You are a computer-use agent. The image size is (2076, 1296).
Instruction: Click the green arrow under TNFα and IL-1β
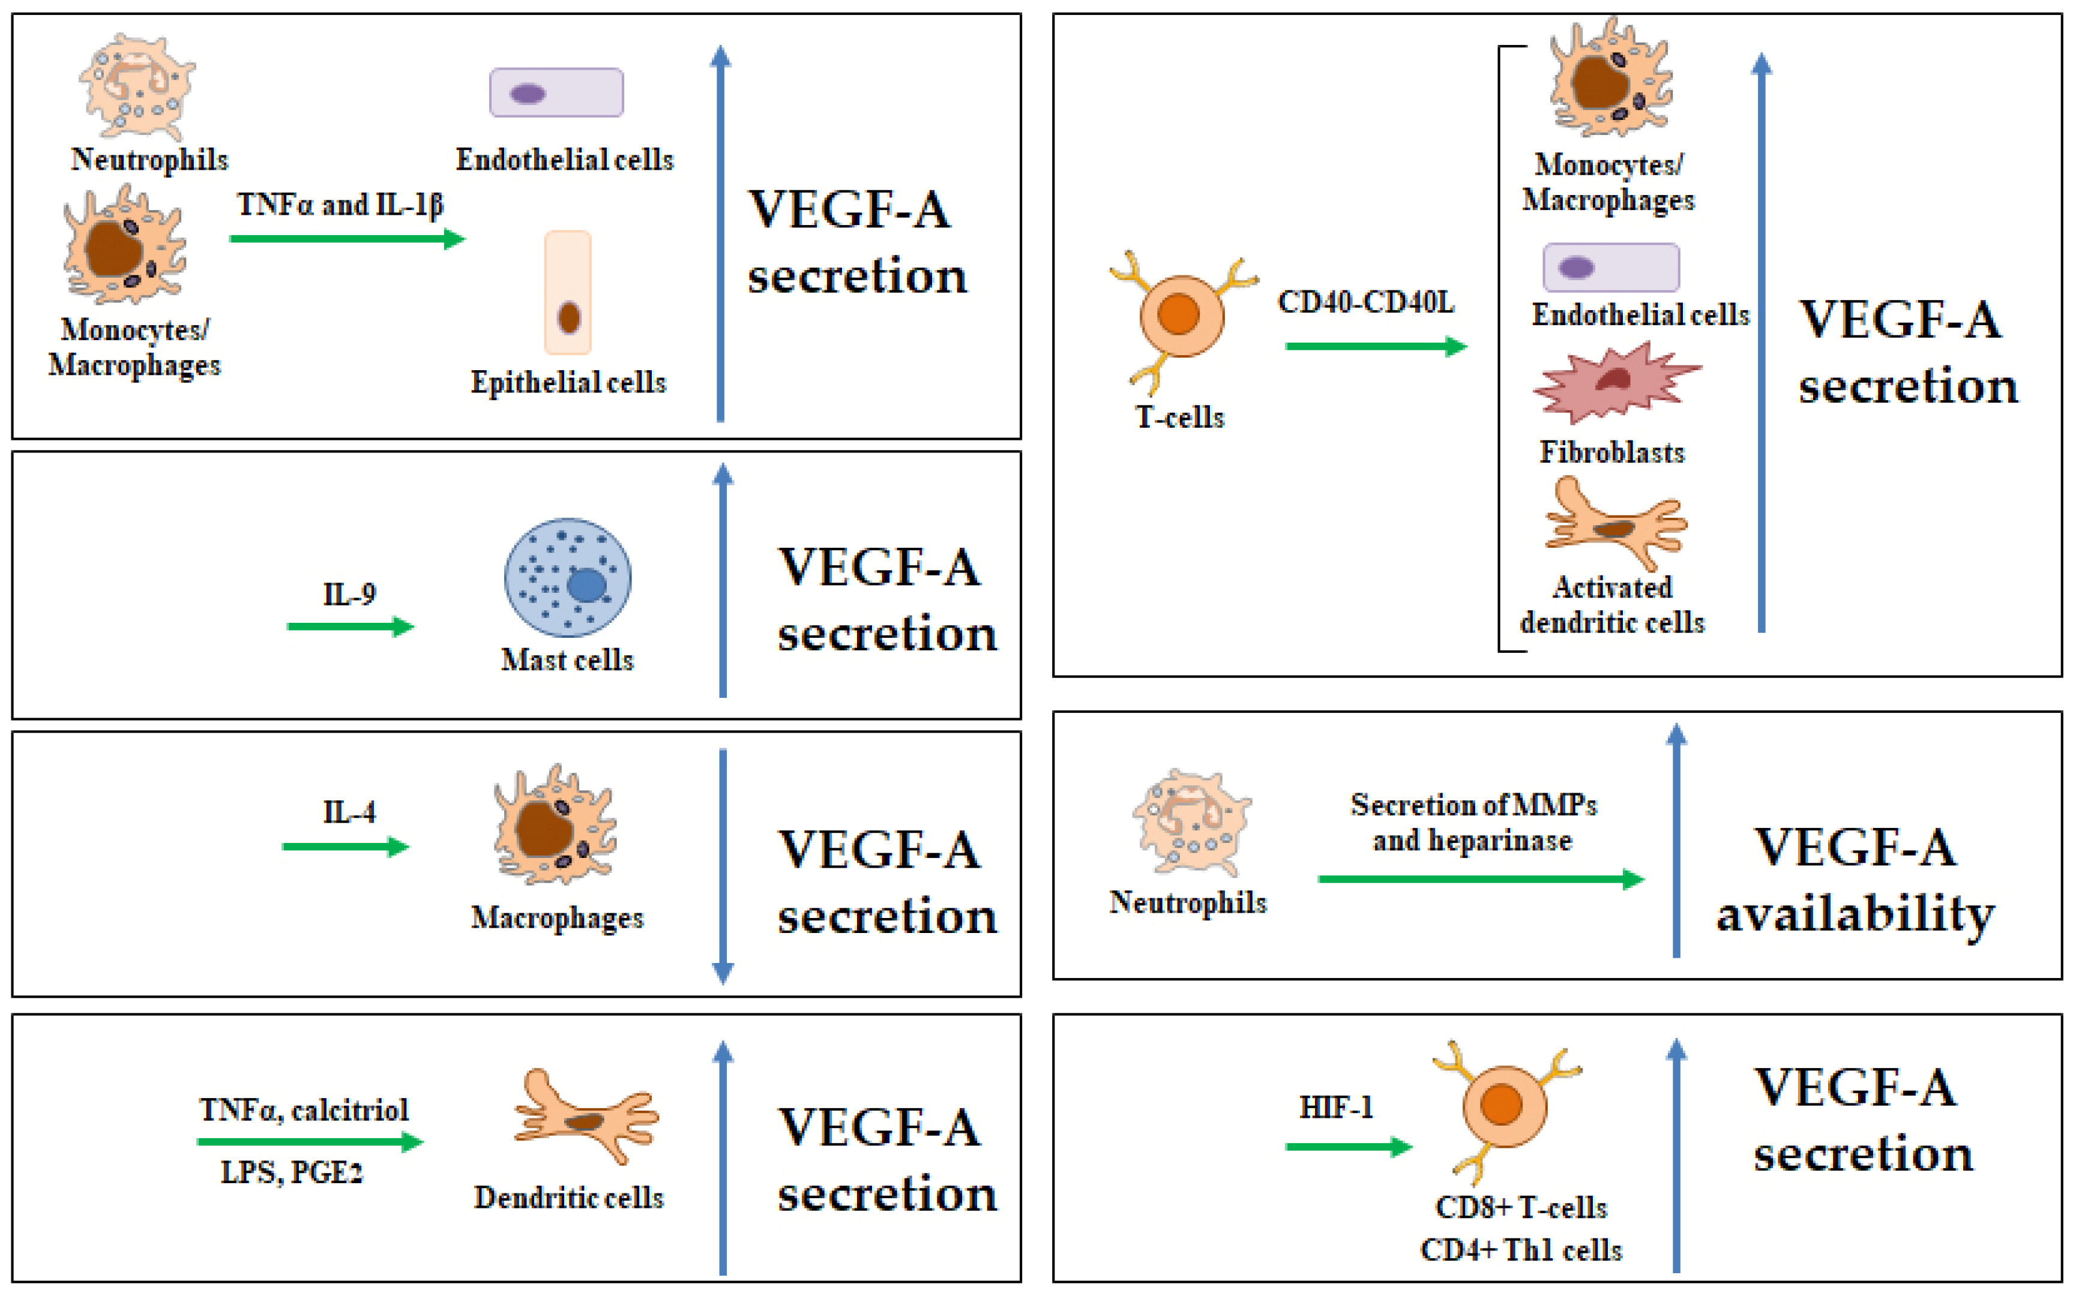click(346, 238)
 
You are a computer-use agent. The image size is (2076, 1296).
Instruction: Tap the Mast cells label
click(567, 660)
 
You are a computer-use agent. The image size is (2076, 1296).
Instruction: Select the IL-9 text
click(349, 594)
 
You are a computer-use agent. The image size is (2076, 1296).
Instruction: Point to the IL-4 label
click(349, 812)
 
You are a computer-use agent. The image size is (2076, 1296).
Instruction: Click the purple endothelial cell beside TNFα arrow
click(556, 92)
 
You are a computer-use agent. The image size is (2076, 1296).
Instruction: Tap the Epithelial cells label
click(568, 382)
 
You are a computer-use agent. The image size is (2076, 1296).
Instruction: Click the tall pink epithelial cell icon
click(568, 292)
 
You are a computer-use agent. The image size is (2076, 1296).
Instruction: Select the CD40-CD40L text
click(1365, 302)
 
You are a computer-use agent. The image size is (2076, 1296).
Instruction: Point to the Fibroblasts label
click(1611, 452)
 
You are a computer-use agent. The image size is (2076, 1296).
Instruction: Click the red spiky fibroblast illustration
click(1615, 382)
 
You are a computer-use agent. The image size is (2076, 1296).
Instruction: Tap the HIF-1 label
click(1335, 1108)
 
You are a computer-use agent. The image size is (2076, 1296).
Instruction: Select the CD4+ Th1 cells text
click(1521, 1250)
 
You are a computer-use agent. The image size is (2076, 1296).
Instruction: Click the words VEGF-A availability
click(1855, 880)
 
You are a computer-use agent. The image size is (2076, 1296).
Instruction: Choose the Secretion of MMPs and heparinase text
click(1473, 822)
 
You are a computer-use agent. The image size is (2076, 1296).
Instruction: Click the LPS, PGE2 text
click(292, 1172)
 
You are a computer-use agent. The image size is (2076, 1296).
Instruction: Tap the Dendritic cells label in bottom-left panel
click(568, 1198)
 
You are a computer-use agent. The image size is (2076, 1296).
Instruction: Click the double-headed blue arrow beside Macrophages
click(723, 866)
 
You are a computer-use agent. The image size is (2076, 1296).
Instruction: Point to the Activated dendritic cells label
click(1611, 604)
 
